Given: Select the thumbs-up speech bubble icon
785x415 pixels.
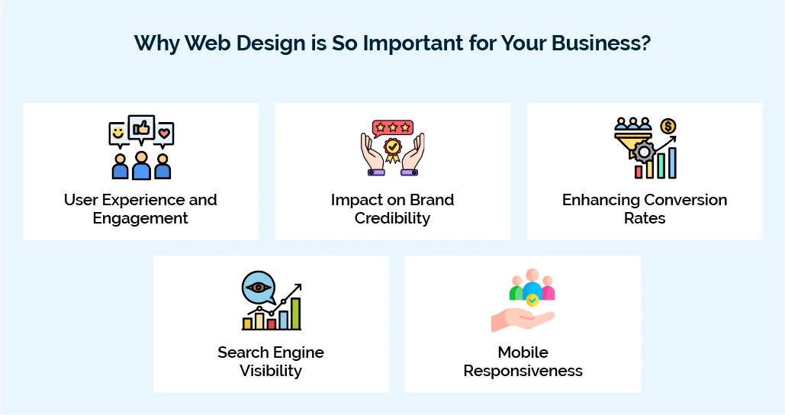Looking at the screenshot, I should click(x=141, y=128).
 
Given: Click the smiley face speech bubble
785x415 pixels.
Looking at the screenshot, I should click(x=118, y=134).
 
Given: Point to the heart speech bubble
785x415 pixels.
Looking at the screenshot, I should click(x=164, y=134).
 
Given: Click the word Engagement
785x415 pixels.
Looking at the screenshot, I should click(x=140, y=218).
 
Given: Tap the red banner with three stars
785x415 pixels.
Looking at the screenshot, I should click(x=392, y=127).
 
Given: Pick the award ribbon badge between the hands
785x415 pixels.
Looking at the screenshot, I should click(x=392, y=148).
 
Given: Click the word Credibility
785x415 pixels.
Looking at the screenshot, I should click(x=392, y=218).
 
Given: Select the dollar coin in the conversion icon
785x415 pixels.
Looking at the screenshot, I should click(x=668, y=127).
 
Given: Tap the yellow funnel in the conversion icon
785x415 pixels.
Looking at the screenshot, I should click(x=632, y=140).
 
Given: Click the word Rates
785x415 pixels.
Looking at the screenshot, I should click(x=645, y=218).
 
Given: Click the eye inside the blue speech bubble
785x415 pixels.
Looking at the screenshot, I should click(x=258, y=288).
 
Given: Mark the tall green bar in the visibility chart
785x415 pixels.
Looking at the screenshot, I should click(x=295, y=314).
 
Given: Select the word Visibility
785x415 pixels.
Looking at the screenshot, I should click(x=271, y=371).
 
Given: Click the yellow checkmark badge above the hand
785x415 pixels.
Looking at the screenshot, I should click(x=532, y=301).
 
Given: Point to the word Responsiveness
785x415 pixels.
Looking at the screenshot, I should click(x=523, y=371).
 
